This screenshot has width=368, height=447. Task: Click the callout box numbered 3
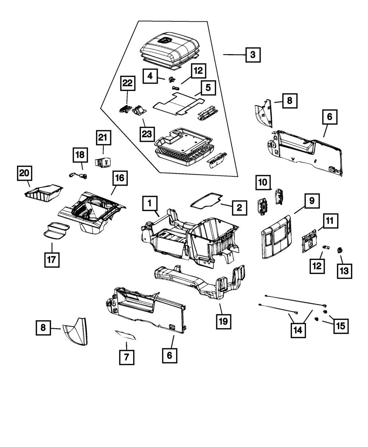point(252,55)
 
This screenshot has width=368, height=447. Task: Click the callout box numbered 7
point(126,357)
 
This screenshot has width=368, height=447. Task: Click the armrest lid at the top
point(171,49)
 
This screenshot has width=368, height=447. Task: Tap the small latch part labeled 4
point(171,79)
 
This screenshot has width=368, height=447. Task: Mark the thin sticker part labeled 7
point(125,335)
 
